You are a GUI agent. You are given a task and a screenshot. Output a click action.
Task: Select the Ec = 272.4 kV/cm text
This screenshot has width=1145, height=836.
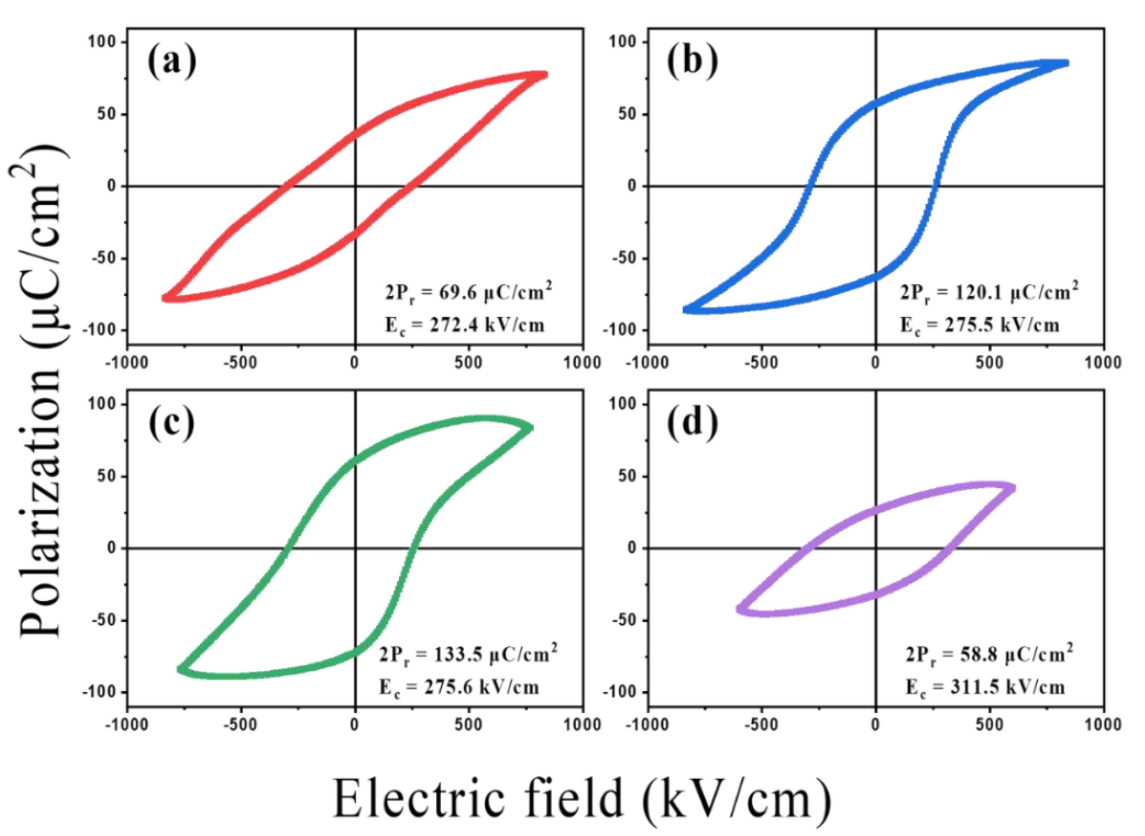(465, 325)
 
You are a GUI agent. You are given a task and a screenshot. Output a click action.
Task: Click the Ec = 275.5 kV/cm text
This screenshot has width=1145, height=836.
(980, 325)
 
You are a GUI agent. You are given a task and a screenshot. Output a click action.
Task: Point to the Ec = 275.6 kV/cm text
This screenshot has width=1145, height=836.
(459, 687)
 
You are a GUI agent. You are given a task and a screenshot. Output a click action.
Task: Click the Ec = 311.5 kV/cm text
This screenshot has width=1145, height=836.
(985, 687)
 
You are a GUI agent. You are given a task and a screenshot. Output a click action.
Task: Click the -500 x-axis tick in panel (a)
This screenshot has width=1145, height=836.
(240, 363)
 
